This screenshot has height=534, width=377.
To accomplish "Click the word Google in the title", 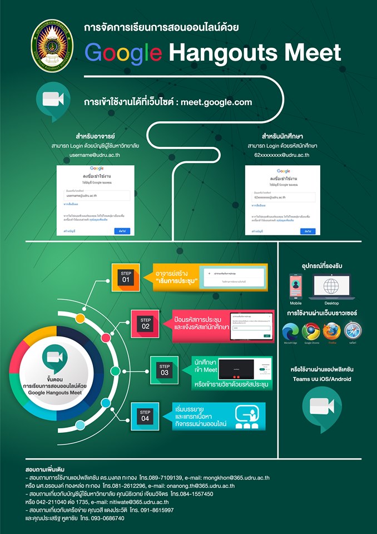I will tap(123, 53).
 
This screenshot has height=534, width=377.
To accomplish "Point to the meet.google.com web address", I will tap(215, 102).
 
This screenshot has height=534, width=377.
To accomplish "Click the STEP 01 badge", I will tap(126, 277).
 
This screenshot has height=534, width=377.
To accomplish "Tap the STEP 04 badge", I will tap(145, 415).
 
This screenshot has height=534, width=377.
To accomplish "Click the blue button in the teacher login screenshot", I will tap(122, 231).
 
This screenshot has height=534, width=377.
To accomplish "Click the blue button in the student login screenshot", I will tap(307, 231).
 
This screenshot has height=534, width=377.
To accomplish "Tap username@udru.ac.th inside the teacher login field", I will tap(81, 196).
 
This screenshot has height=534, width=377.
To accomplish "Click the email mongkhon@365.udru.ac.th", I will tap(233, 477).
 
